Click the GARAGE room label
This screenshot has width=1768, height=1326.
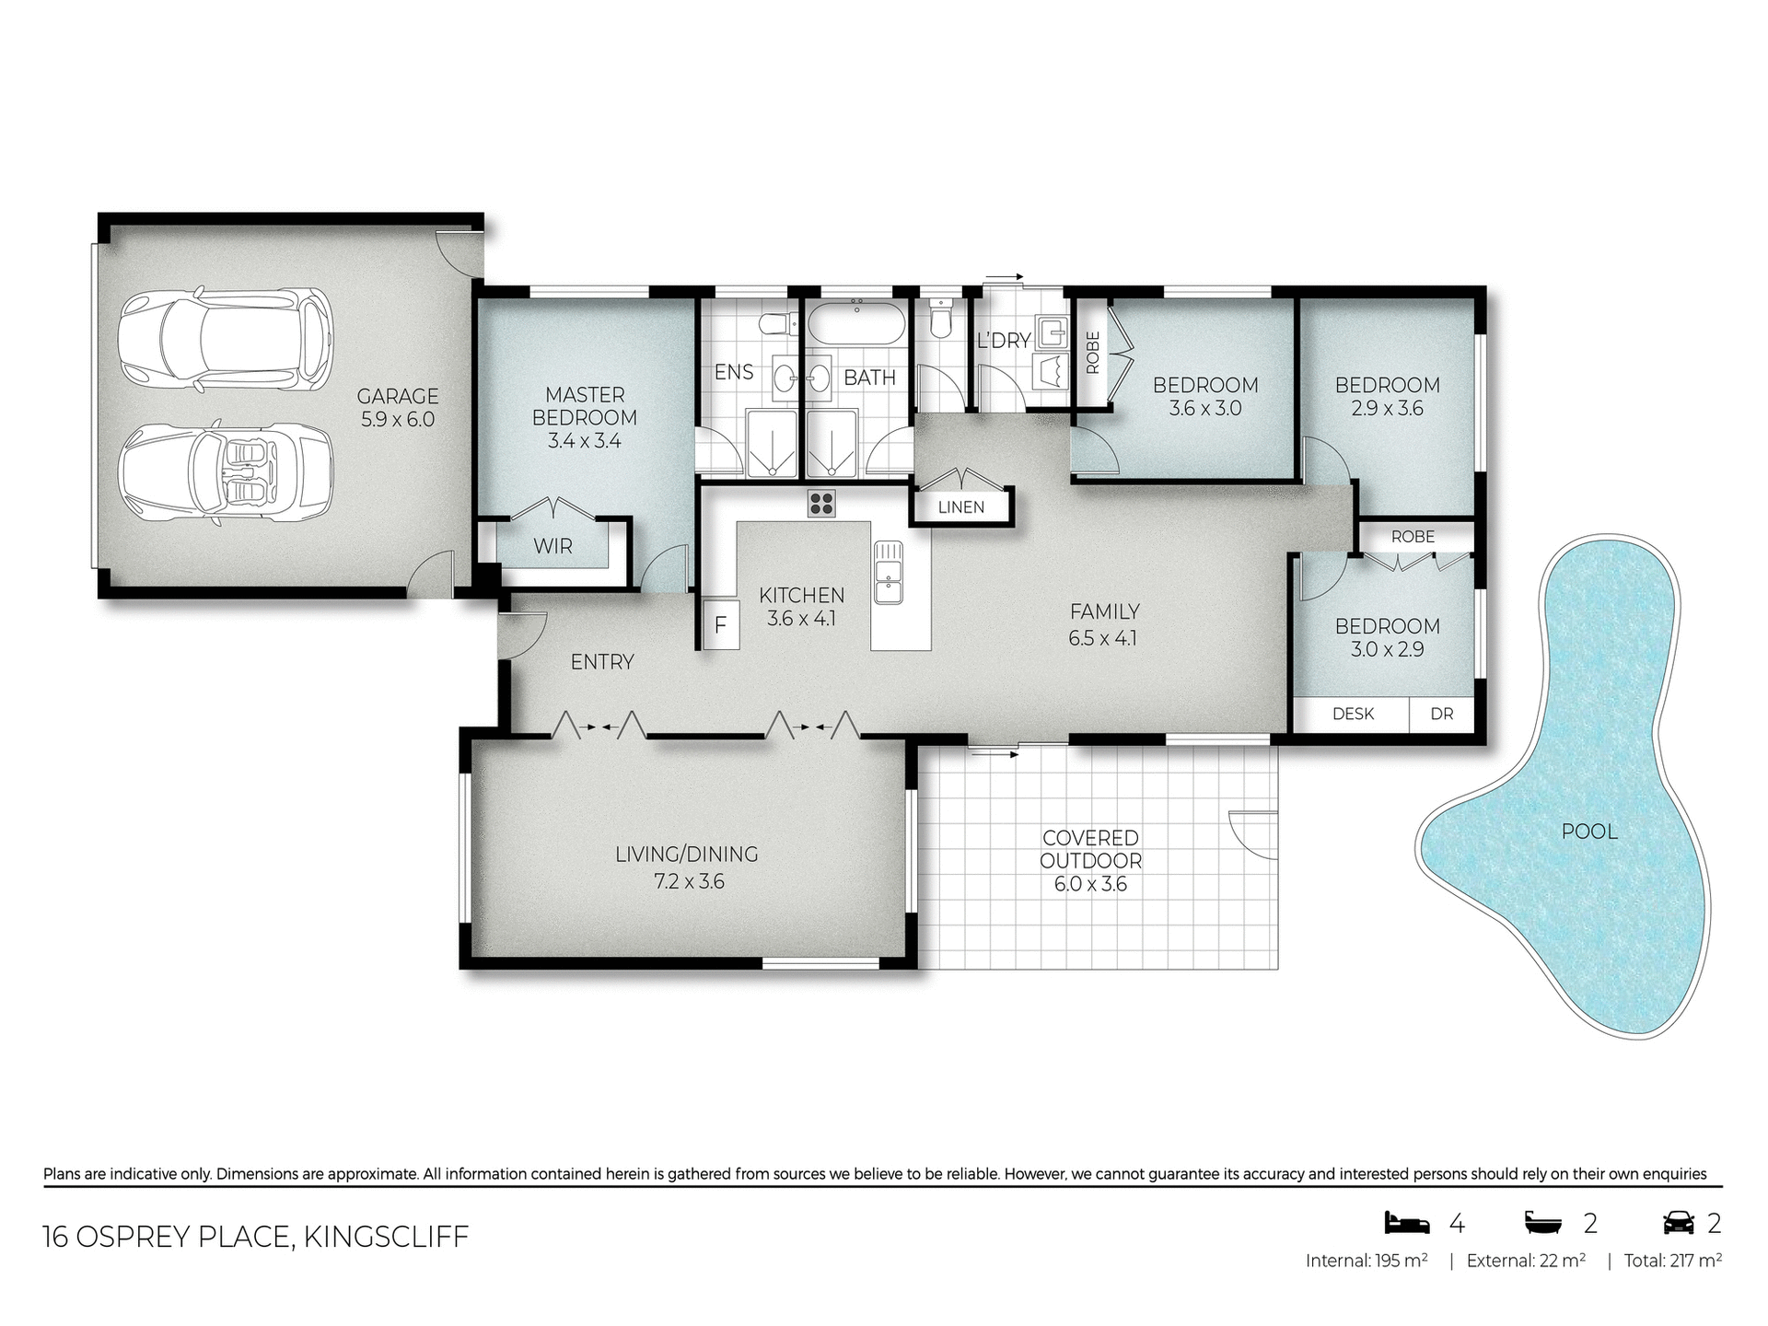[x=397, y=396]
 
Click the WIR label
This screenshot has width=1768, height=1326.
[x=552, y=546]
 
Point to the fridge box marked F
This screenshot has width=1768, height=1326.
[x=720, y=625]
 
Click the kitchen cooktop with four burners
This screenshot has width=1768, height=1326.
[x=821, y=503]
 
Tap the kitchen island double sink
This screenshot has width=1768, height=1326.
[x=888, y=572]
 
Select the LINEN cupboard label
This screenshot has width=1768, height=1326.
[x=960, y=507]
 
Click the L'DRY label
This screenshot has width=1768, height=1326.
[x=1003, y=341]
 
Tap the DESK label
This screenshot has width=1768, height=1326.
[x=1353, y=714]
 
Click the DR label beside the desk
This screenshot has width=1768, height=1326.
[x=1442, y=714]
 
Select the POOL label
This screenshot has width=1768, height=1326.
[x=1589, y=832]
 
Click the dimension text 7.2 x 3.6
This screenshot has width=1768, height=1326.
[x=689, y=882]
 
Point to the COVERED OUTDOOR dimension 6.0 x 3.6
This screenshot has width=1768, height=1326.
[x=1090, y=884]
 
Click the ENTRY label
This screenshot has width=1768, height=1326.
[x=602, y=661]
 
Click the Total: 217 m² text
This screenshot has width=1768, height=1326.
[x=1672, y=1261]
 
